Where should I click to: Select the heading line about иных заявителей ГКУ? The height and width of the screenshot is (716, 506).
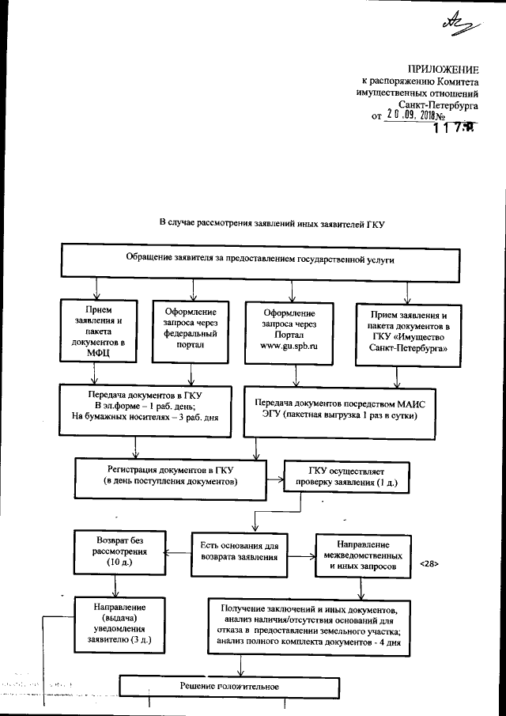[271, 224]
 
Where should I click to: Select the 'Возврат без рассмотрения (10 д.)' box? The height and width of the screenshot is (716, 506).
[119, 549]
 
